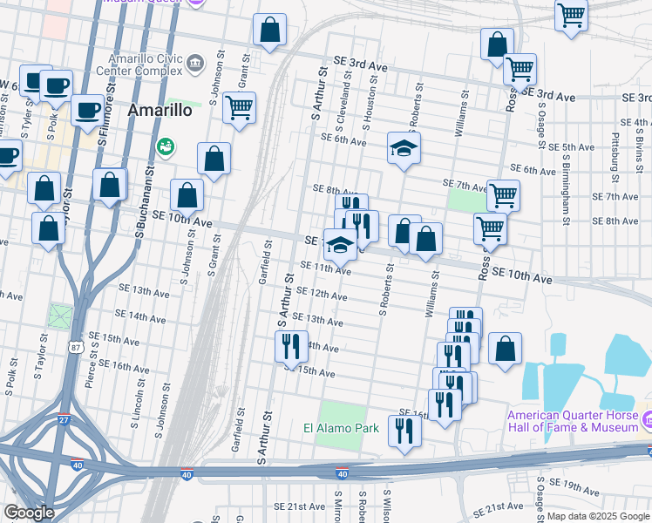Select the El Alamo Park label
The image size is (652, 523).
(x=341, y=428)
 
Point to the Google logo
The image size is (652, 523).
(x=28, y=513)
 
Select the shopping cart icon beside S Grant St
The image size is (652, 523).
(x=239, y=108)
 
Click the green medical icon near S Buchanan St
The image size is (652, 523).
(x=163, y=146)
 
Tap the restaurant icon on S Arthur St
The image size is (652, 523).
(x=292, y=345)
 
